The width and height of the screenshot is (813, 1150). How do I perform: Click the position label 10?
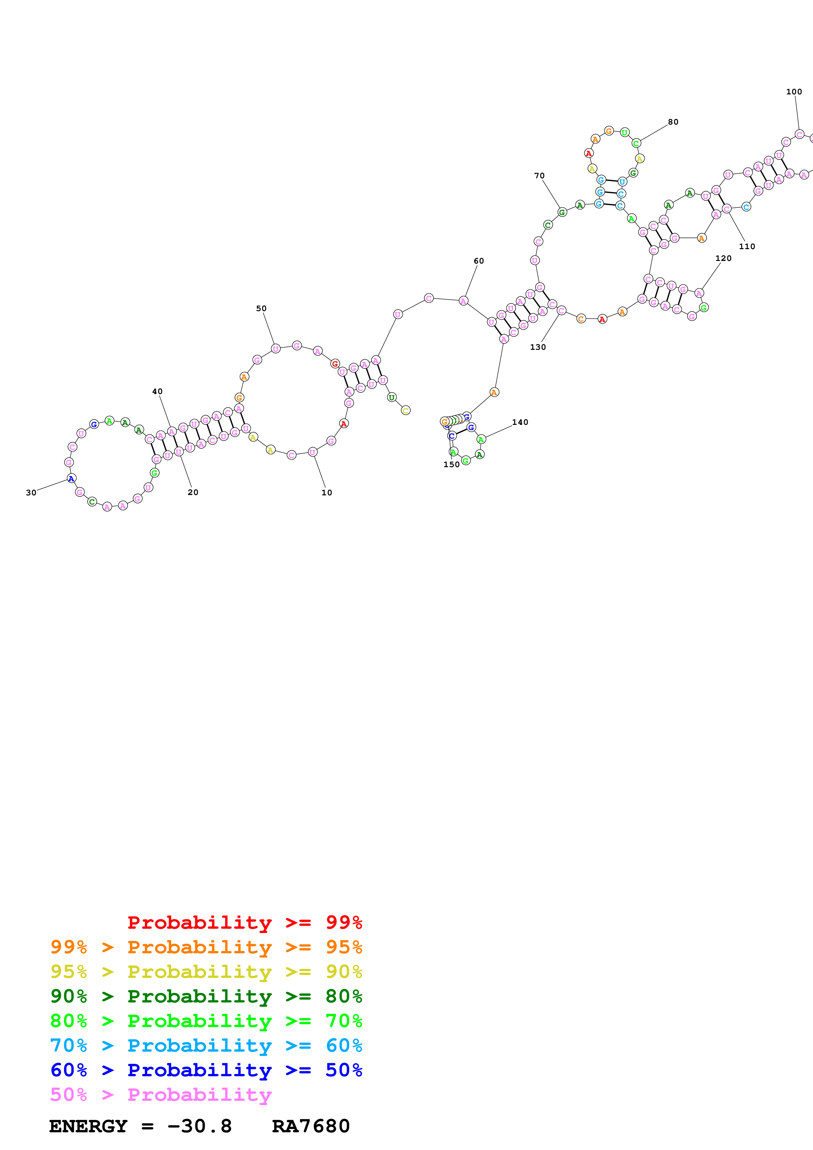[x=327, y=492]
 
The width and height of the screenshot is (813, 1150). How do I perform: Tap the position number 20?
[x=193, y=492]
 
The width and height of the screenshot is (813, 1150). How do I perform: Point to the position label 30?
[x=31, y=492]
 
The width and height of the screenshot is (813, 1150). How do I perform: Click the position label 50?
[x=261, y=308]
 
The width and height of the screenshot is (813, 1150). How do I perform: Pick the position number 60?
[x=479, y=261]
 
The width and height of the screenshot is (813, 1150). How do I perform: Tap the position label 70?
[x=539, y=176]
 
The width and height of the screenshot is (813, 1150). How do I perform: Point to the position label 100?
[x=794, y=92]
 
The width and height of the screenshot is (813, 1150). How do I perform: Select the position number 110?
[x=747, y=247]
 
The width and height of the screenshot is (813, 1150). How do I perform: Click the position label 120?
[x=723, y=258]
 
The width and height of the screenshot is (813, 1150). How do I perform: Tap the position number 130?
[x=538, y=347]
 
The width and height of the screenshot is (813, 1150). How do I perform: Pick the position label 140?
[x=520, y=422]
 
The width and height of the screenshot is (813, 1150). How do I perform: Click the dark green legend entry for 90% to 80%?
[x=206, y=996]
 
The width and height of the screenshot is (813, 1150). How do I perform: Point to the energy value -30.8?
[x=199, y=1126]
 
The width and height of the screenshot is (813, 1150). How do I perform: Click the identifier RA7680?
[x=311, y=1126]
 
